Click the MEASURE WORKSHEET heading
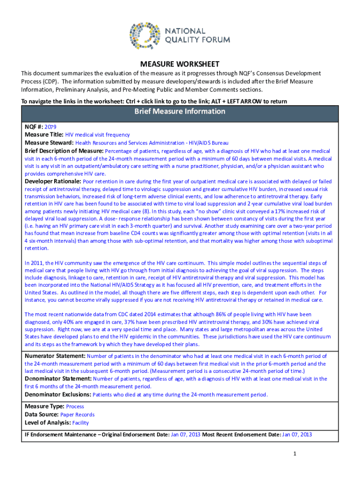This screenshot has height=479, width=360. [x=180, y=64]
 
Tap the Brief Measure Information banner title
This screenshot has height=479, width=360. [x=180, y=111]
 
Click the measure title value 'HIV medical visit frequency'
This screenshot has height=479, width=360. [x=97, y=134]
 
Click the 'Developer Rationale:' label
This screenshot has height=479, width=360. [x=53, y=181]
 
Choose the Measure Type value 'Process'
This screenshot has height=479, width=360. [x=75, y=406]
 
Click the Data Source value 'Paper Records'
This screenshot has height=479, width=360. [x=77, y=414]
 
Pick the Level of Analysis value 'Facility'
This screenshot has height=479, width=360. [x=80, y=422]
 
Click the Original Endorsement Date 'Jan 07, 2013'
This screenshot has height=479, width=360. [x=186, y=435]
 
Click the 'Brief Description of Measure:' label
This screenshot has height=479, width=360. [x=64, y=151]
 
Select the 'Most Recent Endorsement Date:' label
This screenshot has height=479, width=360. [x=241, y=435]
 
